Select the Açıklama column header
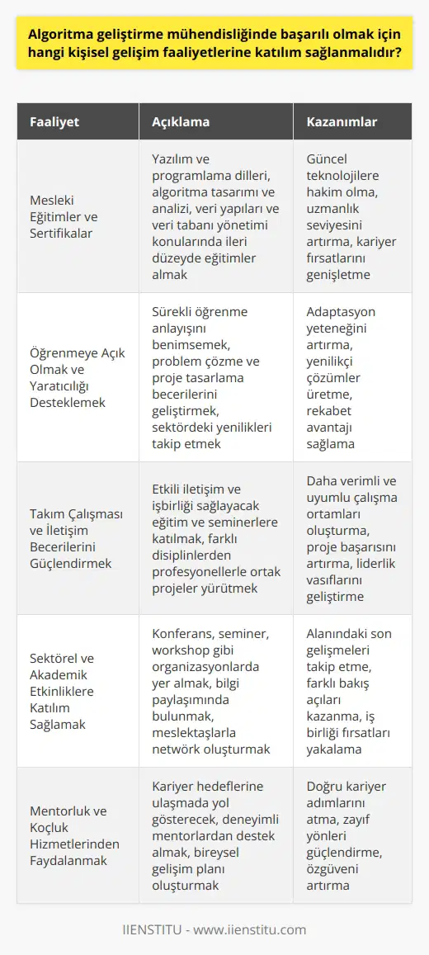(181, 121)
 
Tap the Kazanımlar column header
(343, 121)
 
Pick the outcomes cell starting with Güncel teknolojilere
(352, 217)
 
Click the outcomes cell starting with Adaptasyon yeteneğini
(352, 377)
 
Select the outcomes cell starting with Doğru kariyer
(352, 849)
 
